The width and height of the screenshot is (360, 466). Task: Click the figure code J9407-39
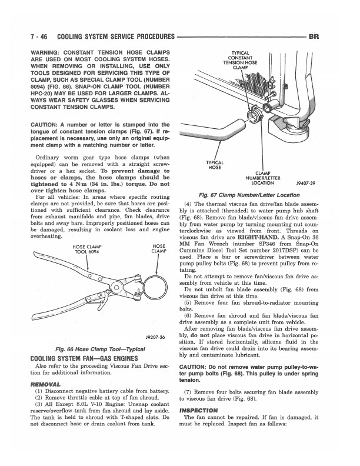pos(309,182)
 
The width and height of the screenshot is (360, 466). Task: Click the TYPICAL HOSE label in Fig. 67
pos(214,165)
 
